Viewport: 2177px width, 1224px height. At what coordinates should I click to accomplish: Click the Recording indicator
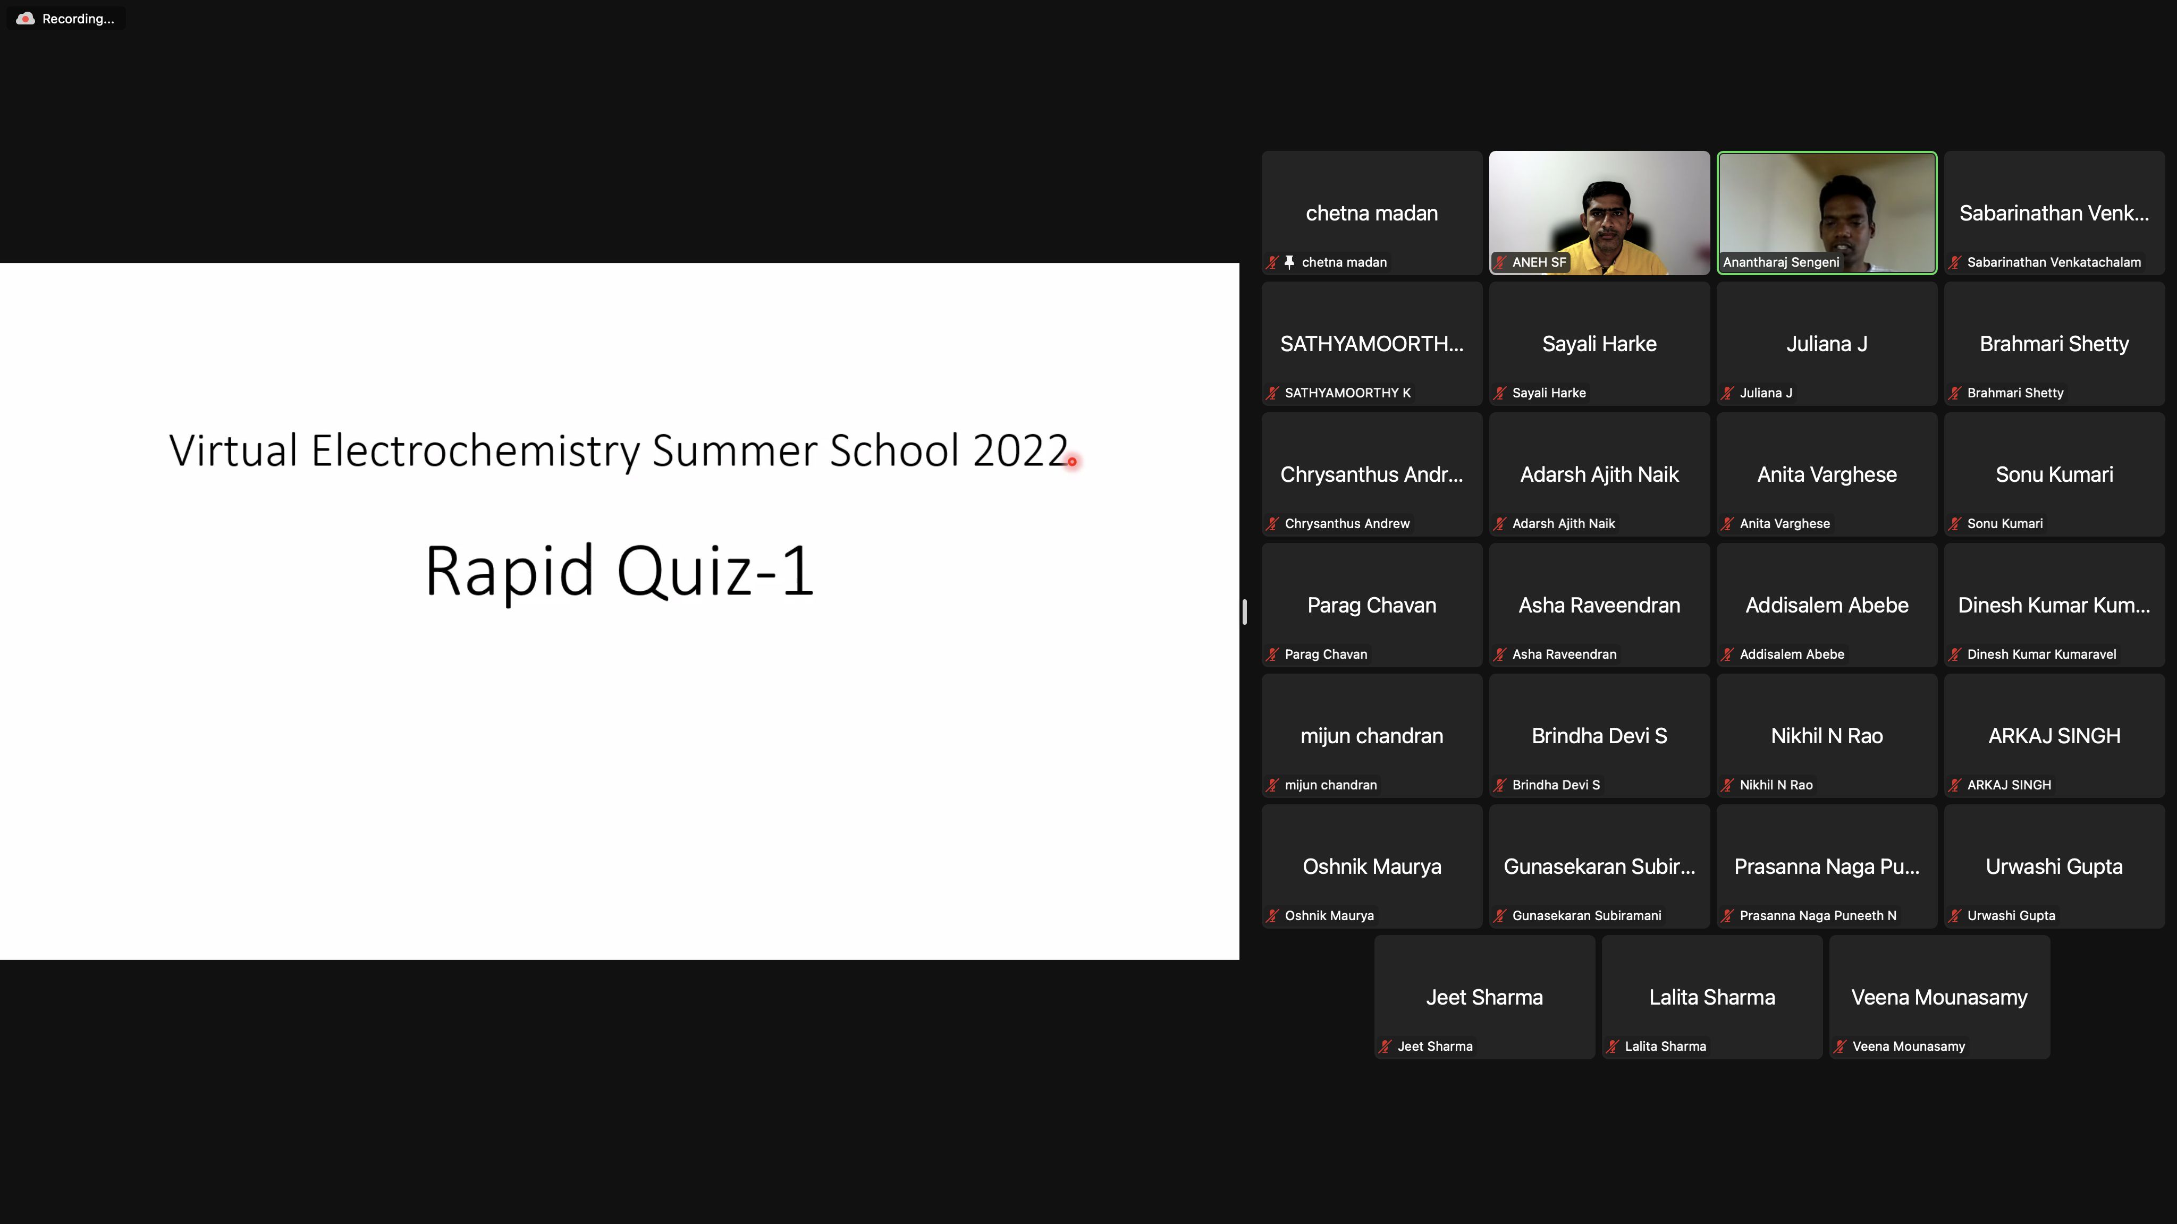[x=66, y=19]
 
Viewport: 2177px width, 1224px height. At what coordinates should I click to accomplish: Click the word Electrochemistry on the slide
[x=476, y=450]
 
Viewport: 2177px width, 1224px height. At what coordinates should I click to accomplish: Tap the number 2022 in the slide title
[x=1020, y=450]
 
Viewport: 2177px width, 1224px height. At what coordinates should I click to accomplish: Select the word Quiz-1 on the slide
[x=715, y=571]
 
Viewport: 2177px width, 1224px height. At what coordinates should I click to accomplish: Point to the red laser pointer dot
[x=1071, y=461]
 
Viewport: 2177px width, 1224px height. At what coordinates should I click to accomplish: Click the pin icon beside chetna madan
[x=1289, y=262]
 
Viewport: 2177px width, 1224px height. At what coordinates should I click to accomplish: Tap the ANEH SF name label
[x=1539, y=262]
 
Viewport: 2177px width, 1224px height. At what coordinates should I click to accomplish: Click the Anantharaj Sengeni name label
[x=1781, y=262]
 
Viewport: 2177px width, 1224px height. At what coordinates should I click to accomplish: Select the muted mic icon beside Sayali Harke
[x=1500, y=393]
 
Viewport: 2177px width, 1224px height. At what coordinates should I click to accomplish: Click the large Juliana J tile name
[x=1826, y=344]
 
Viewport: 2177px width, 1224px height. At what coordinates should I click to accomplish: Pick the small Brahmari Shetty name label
[x=2015, y=393]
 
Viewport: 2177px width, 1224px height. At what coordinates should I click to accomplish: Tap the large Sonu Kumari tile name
[x=2054, y=475]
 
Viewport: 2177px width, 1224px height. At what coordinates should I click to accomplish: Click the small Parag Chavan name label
[x=1325, y=654]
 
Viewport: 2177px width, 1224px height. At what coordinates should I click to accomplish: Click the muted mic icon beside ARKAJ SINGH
[x=1955, y=785]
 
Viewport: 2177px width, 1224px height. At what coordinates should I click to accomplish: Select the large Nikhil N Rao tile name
[x=1826, y=736]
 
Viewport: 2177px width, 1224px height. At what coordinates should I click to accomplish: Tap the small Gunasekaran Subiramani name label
[x=1587, y=916]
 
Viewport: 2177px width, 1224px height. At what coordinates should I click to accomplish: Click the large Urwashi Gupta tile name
[x=2054, y=866]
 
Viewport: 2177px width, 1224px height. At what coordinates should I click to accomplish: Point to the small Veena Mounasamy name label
[x=1908, y=1047]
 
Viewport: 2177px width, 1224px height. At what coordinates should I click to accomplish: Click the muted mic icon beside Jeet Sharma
[x=1385, y=1047]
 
